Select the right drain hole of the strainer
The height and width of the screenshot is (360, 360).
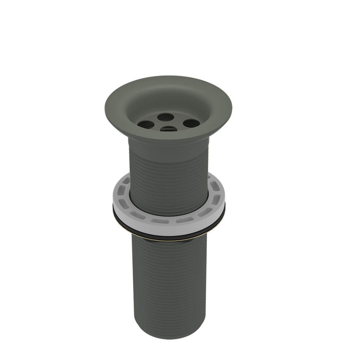pyautogui.click(x=191, y=123)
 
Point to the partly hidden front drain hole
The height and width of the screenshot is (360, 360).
pyautogui.click(x=169, y=129)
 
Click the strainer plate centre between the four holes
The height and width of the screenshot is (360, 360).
pyautogui.click(x=168, y=123)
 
